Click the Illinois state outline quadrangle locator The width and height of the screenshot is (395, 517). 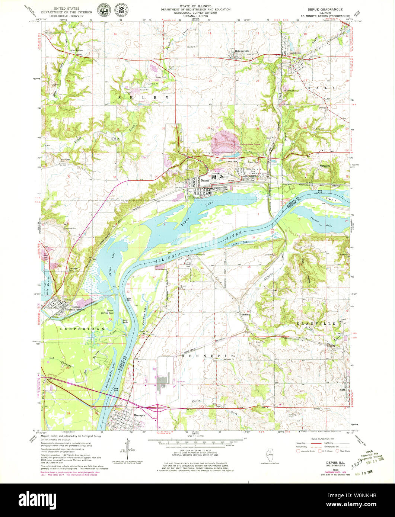(269, 455)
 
